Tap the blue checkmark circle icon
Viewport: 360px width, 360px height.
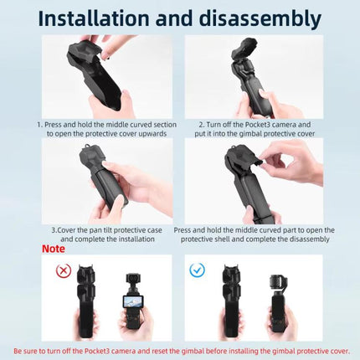pyautogui.click(x=198, y=270)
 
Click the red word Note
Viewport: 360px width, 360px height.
pyautogui.click(x=53, y=249)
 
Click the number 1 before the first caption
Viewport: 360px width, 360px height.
pyautogui.click(x=39, y=124)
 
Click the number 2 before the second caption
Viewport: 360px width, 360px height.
pyautogui.click(x=201, y=124)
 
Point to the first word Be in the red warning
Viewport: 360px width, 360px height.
pyautogui.click(x=18, y=350)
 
